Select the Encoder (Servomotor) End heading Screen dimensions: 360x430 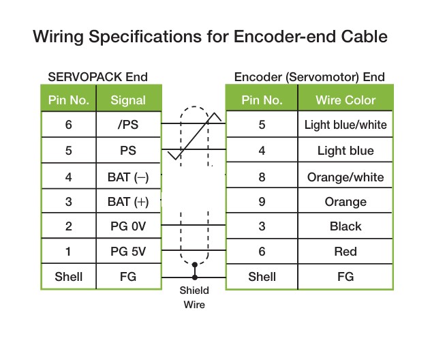click(x=309, y=76)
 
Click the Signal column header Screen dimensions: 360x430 click(x=128, y=100)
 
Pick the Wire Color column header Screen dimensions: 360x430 click(x=345, y=100)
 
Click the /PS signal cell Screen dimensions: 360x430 click(x=128, y=125)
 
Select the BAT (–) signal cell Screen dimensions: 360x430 click(x=128, y=177)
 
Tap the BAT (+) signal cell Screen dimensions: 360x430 click(x=128, y=202)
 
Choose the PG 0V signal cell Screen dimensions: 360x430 click(x=128, y=226)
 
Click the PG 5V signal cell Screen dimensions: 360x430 click(x=128, y=252)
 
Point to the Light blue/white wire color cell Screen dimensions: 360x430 click(x=345, y=125)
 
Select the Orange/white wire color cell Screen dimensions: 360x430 click(x=345, y=177)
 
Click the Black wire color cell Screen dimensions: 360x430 click(x=345, y=226)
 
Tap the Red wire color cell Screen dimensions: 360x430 click(x=345, y=252)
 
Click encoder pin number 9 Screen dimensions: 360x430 click(x=262, y=202)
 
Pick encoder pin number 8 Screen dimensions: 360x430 click(x=262, y=177)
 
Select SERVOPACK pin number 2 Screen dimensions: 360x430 click(x=69, y=226)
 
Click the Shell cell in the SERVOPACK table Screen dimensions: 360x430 click(x=69, y=276)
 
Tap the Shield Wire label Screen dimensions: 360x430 click(x=194, y=297)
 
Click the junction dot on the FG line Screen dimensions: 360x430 click(x=194, y=277)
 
